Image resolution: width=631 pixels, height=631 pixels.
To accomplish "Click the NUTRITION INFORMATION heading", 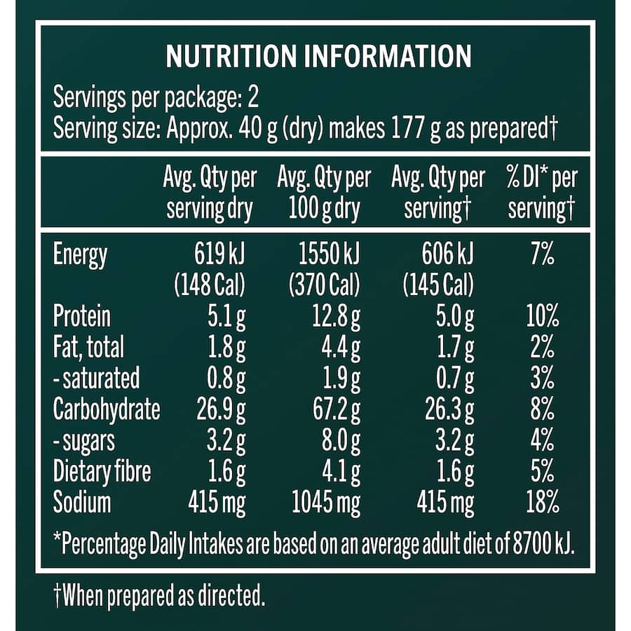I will point(318,57).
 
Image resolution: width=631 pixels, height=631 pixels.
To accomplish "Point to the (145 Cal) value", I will point(439,285).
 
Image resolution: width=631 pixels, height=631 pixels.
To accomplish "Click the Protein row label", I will point(82,316).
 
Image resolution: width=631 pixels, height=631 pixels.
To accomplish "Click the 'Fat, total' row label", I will point(88,347).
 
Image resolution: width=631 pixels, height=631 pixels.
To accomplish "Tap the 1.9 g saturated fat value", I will point(340,378).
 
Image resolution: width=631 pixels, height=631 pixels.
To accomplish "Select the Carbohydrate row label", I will point(107,409).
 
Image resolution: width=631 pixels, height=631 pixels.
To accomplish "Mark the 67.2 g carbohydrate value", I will point(335,409).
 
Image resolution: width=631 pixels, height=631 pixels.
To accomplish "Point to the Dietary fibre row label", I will point(102,472).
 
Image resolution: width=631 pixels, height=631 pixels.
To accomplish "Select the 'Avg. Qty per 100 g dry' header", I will point(324,193).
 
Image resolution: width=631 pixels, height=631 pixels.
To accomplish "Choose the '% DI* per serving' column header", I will point(542,193).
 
